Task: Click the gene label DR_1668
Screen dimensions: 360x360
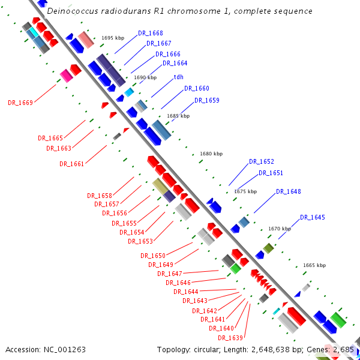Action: [x=150, y=33]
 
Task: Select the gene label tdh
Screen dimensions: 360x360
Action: [x=178, y=77]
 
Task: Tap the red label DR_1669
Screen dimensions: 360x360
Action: [x=20, y=103]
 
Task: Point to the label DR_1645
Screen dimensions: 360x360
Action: [x=312, y=217]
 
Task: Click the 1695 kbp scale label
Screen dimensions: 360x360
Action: [x=113, y=38]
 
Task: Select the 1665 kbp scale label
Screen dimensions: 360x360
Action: [x=314, y=265]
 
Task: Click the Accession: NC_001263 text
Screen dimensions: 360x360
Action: [x=46, y=349]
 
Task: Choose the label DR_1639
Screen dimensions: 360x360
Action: [x=230, y=338]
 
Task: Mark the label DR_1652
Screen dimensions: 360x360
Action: [x=261, y=162]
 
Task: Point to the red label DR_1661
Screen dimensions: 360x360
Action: [x=72, y=164]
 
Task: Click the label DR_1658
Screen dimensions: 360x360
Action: [x=99, y=196]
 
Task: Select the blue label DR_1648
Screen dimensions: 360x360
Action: [x=288, y=192]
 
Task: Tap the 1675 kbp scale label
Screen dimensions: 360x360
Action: [x=245, y=191]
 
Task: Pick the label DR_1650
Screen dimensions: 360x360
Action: [x=153, y=256]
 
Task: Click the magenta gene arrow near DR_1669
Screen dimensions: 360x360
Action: [x=65, y=75]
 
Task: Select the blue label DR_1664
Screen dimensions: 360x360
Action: [x=175, y=63]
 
